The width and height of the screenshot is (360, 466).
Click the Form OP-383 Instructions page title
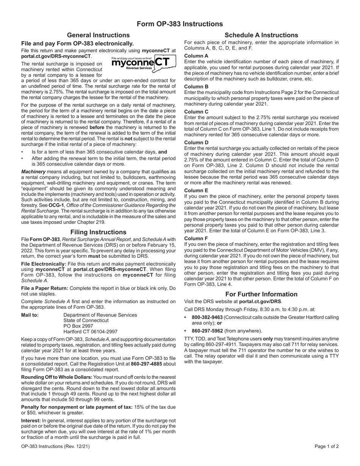pos(180,24)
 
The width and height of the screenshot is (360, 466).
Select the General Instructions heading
pos(98,35)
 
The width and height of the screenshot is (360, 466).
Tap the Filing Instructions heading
pos(98,232)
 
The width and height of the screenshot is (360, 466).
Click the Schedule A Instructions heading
pos(261,35)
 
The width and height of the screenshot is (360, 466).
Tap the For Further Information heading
pos(261,294)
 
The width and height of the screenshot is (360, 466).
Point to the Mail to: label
pos(30,315)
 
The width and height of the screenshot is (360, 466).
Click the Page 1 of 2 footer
pos(326,446)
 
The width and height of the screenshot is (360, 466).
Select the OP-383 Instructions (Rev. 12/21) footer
pos(56,446)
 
